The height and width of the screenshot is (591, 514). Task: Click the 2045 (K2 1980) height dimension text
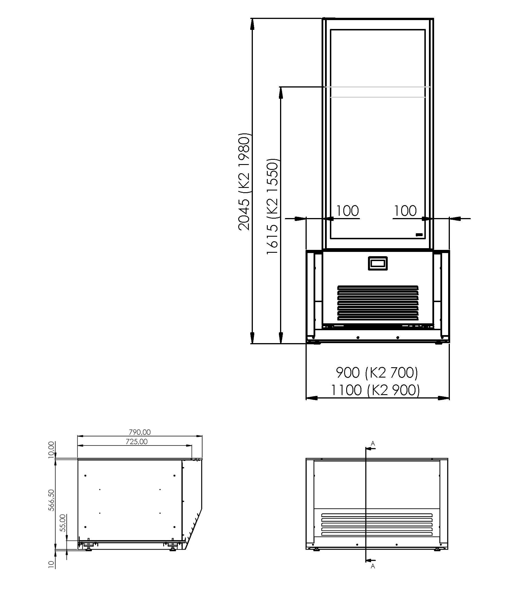click(x=245, y=182)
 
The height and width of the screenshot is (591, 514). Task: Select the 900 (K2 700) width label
click(x=377, y=373)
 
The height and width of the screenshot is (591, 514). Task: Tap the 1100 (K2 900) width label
click(x=375, y=390)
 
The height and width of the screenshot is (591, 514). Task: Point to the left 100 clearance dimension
click(x=347, y=211)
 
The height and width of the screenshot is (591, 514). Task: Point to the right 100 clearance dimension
click(x=405, y=211)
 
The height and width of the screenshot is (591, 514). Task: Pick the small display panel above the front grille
click(x=378, y=263)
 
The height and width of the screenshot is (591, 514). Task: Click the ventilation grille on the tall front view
click(x=378, y=303)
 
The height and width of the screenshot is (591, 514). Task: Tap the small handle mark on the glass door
click(x=419, y=235)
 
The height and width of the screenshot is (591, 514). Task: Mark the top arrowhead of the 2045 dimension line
click(x=252, y=25)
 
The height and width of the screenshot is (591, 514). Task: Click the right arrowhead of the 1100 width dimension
click(x=444, y=398)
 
